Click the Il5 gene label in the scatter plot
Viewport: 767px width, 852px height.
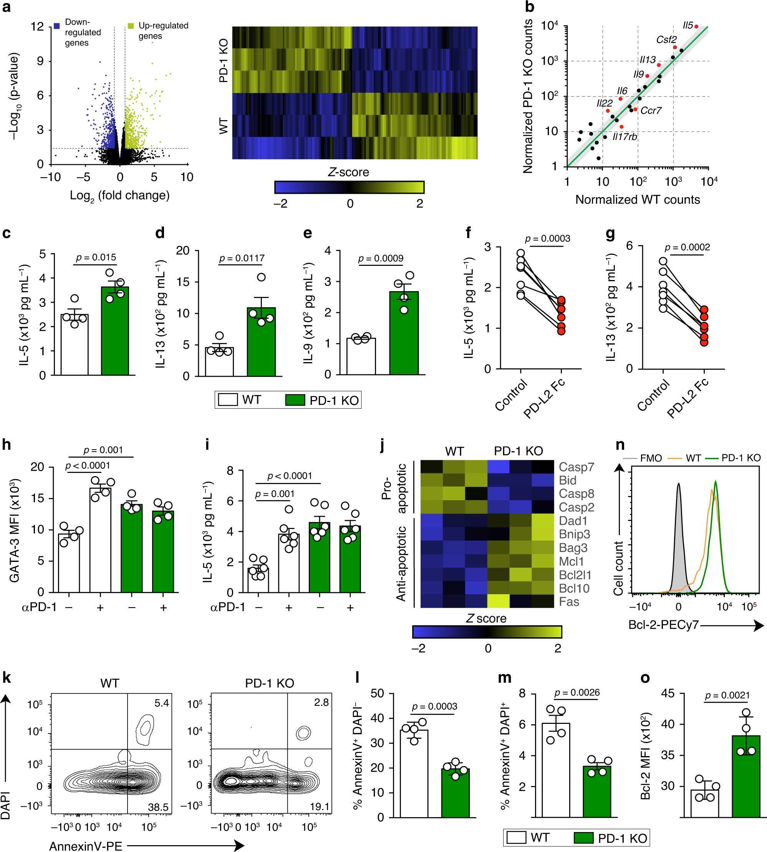(x=687, y=26)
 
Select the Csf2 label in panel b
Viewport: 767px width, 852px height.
(x=666, y=40)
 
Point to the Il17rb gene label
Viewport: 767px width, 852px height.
(x=624, y=137)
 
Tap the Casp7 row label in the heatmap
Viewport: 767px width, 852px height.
(x=576, y=467)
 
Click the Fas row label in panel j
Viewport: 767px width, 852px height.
(x=568, y=602)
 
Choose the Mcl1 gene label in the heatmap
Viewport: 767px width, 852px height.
(x=571, y=561)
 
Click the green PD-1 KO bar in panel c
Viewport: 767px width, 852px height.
(x=115, y=333)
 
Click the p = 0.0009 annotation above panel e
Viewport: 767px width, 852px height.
(x=381, y=258)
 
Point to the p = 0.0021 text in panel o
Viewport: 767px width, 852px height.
(x=727, y=695)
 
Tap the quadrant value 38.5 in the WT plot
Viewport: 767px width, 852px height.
(x=158, y=807)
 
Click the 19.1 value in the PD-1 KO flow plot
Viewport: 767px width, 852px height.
(x=320, y=806)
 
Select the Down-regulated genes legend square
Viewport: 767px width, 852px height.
(x=57, y=26)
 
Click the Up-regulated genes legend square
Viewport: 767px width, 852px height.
(x=131, y=26)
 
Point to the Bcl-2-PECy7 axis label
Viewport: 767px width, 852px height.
(x=663, y=625)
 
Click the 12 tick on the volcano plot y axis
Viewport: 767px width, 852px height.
(x=38, y=26)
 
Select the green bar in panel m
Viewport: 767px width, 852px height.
(x=597, y=791)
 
